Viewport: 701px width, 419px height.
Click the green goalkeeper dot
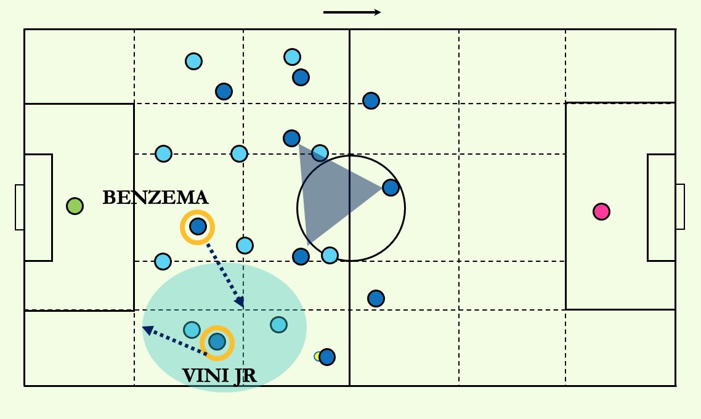coord(75,206)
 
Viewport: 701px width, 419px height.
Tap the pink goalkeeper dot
coord(601,211)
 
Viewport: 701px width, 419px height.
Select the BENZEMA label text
coord(155,198)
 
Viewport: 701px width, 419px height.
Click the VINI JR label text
coord(219,375)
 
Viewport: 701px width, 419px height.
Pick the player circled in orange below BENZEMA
coord(197,227)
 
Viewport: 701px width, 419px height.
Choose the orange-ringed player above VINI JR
coord(217,341)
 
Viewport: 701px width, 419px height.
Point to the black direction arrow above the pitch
coord(352,12)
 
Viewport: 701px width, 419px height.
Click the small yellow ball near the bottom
coord(317,356)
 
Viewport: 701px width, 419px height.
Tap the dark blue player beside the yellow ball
coord(327,357)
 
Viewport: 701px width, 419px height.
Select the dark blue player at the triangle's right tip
coord(391,187)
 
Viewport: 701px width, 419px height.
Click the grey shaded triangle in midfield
coord(336,191)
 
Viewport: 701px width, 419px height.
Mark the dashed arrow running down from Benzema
coord(225,275)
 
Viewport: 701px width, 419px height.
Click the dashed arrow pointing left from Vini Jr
coord(176,341)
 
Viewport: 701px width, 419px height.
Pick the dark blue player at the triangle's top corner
coord(291,138)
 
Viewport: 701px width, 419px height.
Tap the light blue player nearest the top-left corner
coord(193,61)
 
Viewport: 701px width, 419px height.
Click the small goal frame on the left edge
coord(19,207)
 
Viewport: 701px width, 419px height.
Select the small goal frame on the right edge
coord(680,207)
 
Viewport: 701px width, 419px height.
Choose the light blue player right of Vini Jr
coord(278,324)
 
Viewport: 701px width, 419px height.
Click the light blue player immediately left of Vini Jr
coord(192,330)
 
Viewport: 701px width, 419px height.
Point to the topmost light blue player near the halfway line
coord(292,57)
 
